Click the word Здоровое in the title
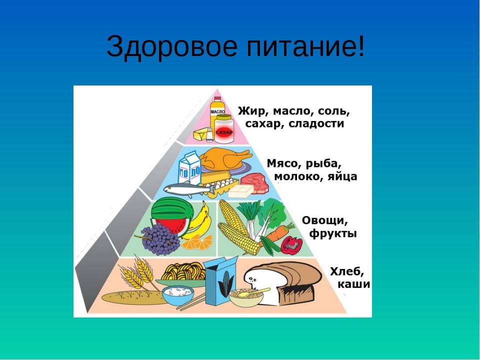[171, 46]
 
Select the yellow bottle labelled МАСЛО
[217, 111]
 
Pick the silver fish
[189, 189]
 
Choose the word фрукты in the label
[333, 234]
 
